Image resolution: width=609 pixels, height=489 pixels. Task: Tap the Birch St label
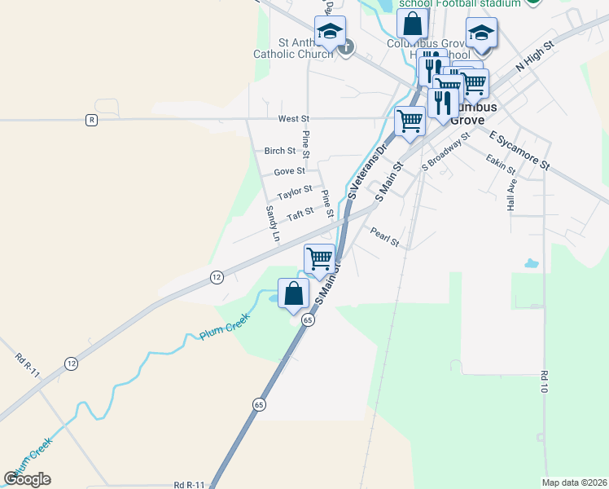[279, 151]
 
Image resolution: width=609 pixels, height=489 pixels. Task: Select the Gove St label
[289, 171]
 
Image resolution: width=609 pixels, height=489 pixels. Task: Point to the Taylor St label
[294, 193]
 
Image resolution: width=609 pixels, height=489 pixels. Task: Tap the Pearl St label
[384, 237]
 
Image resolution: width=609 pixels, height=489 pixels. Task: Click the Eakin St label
[500, 164]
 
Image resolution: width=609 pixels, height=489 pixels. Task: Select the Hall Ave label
[512, 196]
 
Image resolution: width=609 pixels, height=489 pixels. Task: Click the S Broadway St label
[446, 152]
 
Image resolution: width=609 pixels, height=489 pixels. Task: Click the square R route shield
[91, 120]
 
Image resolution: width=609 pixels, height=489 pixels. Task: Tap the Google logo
[28, 479]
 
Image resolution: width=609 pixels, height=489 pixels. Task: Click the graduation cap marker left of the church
[330, 32]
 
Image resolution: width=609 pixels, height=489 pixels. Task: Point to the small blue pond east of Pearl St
[531, 263]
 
